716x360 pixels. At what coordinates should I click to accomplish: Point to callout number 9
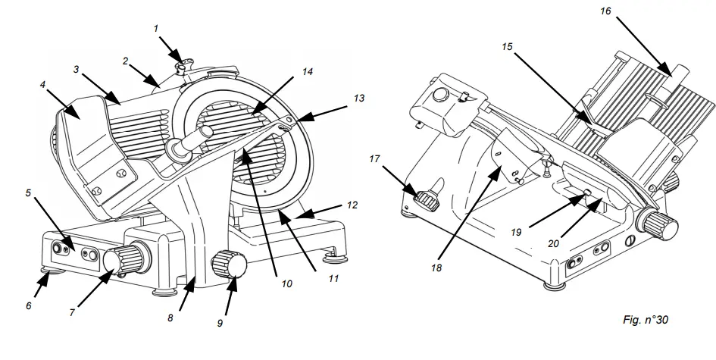coord(220,321)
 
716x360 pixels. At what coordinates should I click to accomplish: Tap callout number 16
coord(604,11)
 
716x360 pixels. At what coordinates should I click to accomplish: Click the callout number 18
coord(436,268)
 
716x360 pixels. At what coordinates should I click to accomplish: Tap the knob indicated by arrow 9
coord(228,265)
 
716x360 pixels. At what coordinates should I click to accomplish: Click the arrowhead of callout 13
coord(292,121)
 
